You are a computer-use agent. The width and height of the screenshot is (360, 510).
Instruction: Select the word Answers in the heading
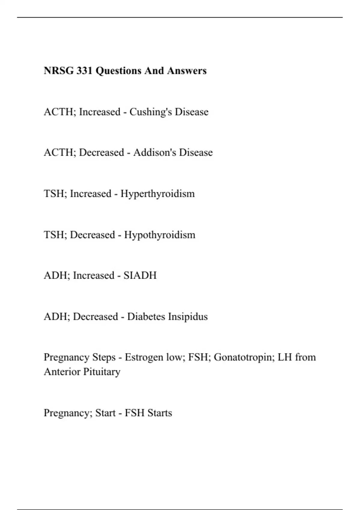coord(187,71)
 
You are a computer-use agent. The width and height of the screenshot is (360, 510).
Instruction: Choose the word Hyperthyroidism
coord(157,193)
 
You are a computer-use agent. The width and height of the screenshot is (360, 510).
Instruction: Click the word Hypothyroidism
coord(160,235)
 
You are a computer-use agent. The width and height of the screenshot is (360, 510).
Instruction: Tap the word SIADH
coord(140,275)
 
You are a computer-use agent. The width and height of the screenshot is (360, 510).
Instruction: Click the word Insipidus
coord(188,316)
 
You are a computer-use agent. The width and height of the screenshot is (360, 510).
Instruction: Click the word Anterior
coord(62,372)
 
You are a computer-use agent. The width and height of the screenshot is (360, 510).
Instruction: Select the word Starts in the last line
coord(160,413)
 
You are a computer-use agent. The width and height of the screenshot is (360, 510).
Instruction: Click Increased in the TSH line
coord(91,193)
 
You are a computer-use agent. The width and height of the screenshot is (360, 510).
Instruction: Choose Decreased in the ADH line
coord(95,316)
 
